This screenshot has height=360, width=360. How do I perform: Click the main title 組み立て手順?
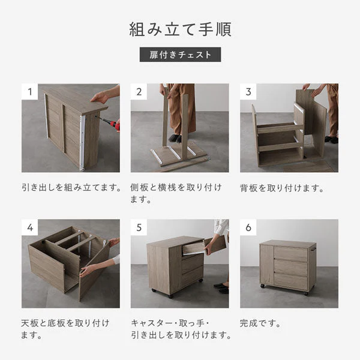click(x=180, y=29)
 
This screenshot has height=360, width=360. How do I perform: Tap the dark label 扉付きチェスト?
click(x=180, y=55)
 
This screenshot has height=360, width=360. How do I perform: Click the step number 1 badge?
click(x=30, y=92)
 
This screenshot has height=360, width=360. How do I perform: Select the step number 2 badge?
click(x=139, y=92)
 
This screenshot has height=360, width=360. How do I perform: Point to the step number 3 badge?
click(x=248, y=92)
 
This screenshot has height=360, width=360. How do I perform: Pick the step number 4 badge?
click(x=30, y=227)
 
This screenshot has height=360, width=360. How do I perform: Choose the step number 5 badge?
click(x=139, y=227)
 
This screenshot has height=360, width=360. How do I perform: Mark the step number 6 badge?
click(x=248, y=227)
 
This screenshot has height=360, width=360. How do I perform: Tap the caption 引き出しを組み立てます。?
click(x=71, y=187)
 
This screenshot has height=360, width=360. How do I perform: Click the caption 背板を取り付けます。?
click(x=282, y=188)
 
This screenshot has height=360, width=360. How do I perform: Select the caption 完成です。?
click(x=260, y=323)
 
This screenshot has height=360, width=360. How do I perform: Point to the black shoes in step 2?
click(x=175, y=139)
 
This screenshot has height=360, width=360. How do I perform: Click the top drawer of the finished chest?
click(x=291, y=254)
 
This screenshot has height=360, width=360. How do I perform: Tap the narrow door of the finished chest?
click(x=267, y=264)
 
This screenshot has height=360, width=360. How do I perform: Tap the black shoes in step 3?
click(x=331, y=139)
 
